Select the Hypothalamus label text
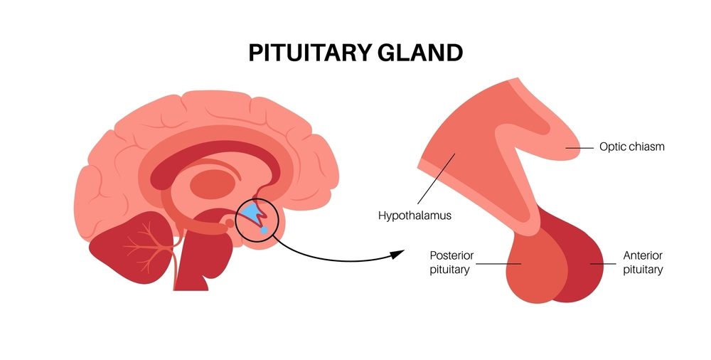[415, 214]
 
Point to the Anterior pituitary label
[643, 263]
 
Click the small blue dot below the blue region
[264, 231]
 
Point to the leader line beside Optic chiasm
[579, 148]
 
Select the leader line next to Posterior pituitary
[498, 264]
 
